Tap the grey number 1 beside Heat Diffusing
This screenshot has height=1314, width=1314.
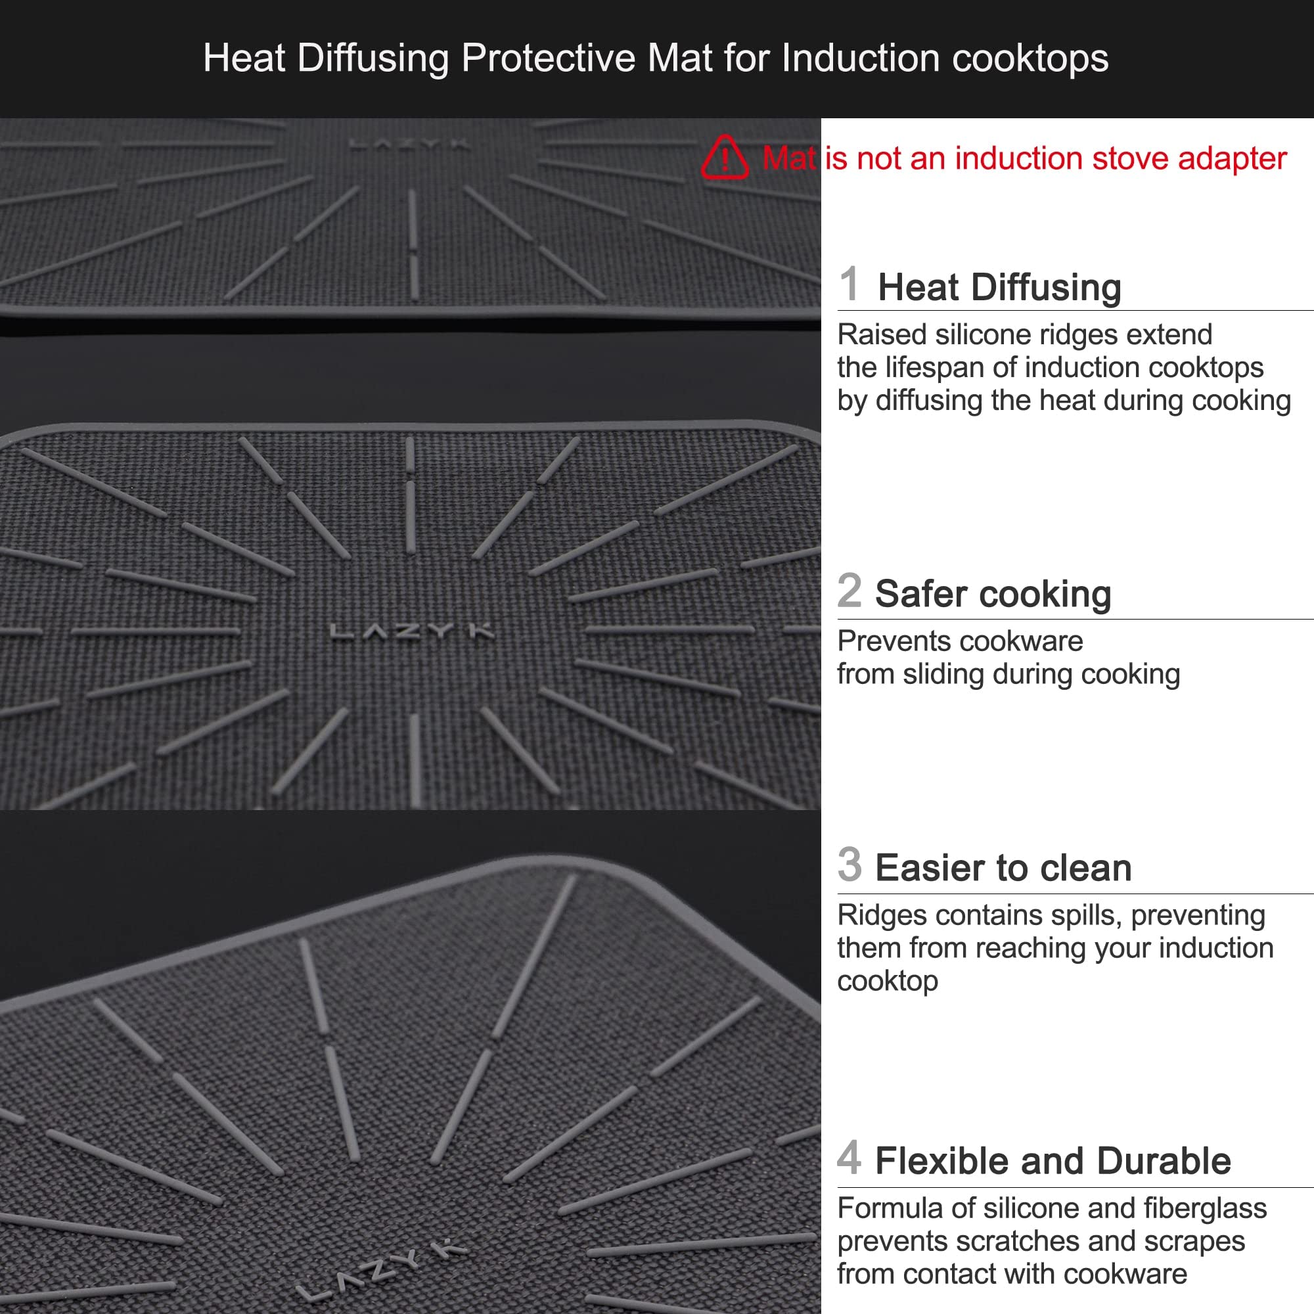(x=849, y=284)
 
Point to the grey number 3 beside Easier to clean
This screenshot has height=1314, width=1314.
(x=850, y=865)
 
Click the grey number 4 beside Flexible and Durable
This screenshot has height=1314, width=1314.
(x=850, y=1158)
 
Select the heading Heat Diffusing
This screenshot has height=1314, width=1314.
(x=999, y=287)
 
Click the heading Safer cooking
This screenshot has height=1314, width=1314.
(x=993, y=594)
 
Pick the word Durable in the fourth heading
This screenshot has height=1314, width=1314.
(x=1164, y=1161)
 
